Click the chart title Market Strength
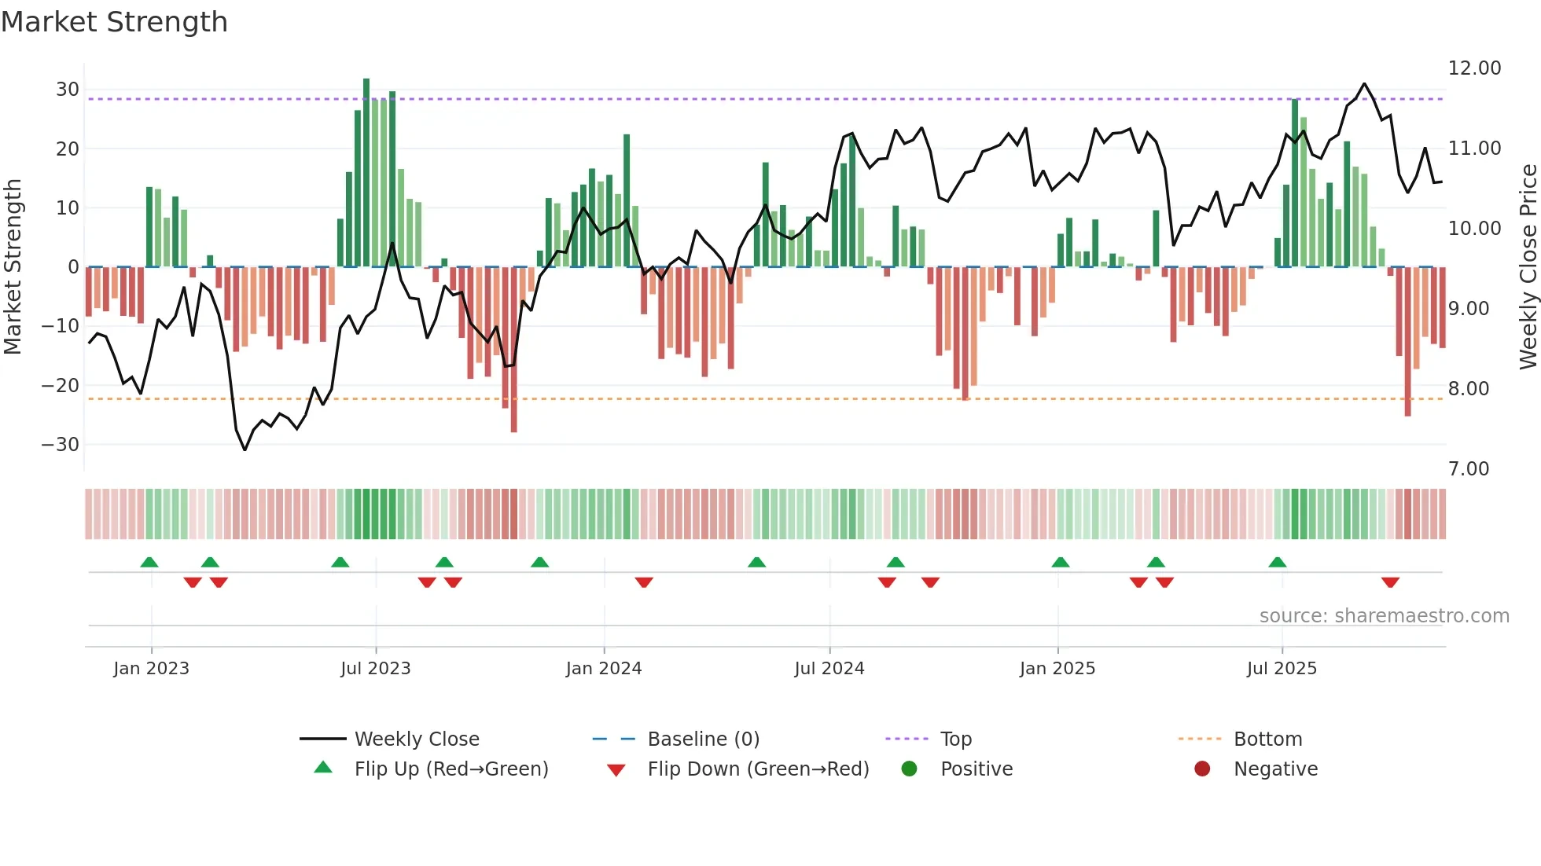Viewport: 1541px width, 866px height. [114, 22]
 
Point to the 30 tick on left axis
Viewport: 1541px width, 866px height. [68, 90]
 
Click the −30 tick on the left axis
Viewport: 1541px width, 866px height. [61, 445]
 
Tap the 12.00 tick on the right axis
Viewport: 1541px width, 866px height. [1474, 68]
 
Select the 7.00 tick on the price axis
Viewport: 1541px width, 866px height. [1468, 469]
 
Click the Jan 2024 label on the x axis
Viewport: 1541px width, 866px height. [603, 669]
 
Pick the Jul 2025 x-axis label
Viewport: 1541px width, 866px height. [1281, 669]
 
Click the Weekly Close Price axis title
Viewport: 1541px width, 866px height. [1528, 267]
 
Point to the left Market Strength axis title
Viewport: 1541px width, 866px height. [13, 267]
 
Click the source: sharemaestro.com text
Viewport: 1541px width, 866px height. [1384, 616]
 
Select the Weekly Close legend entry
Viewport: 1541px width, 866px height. [416, 739]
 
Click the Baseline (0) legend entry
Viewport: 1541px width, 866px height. [703, 739]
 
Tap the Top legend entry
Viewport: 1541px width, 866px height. [955, 739]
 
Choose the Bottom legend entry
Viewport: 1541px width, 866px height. [1267, 739]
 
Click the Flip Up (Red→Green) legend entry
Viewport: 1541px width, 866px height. [451, 769]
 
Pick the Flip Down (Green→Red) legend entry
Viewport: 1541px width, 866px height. [758, 769]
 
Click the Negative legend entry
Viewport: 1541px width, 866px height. [1274, 769]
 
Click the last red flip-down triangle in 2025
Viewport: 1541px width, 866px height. [1389, 582]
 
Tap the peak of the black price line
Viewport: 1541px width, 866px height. [1364, 84]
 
